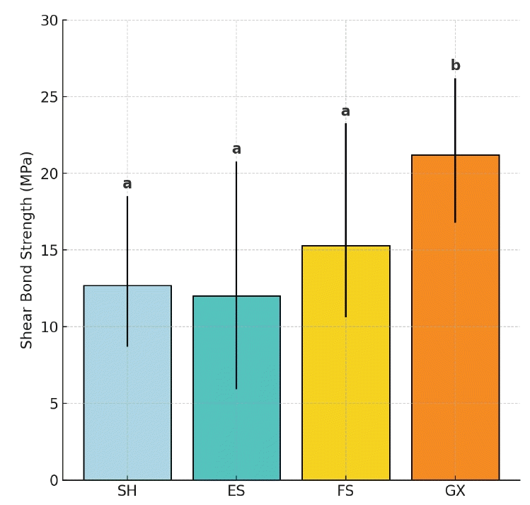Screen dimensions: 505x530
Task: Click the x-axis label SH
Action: pyautogui.click(x=127, y=492)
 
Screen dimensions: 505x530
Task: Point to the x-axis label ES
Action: pyautogui.click(x=236, y=492)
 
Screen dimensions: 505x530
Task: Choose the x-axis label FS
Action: pyautogui.click(x=345, y=492)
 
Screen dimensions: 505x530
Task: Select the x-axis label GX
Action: pyautogui.click(x=455, y=492)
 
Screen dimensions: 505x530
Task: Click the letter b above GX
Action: pyautogui.click(x=455, y=66)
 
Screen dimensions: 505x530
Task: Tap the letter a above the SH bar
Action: pyautogui.click(x=127, y=184)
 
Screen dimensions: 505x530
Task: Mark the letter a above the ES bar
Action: pyautogui.click(x=236, y=149)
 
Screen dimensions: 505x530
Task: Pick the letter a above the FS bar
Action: pyautogui.click(x=345, y=112)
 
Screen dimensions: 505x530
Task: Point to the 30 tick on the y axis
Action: pyautogui.click(x=49, y=21)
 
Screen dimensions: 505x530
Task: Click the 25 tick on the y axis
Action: pyautogui.click(x=49, y=97)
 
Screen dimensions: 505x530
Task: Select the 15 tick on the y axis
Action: pyautogui.click(x=49, y=250)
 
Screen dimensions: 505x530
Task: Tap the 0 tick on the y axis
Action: pyautogui.click(x=54, y=480)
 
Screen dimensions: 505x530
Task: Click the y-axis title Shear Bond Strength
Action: pyautogui.click(x=27, y=249)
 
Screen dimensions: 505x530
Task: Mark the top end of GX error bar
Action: pyautogui.click(x=455, y=79)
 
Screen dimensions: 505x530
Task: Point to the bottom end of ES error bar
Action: pyautogui.click(x=236, y=388)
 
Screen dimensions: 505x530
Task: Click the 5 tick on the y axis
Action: pyautogui.click(x=54, y=404)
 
